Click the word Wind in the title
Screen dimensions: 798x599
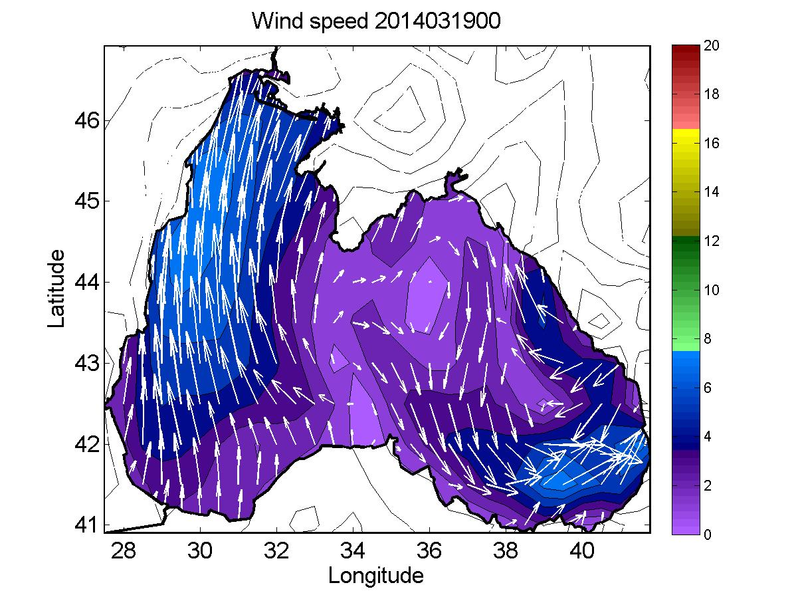point(277,21)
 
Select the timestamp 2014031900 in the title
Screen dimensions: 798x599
point(437,21)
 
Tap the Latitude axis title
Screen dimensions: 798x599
point(56,289)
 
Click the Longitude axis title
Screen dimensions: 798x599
point(376,575)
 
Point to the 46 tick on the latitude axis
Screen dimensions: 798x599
point(87,120)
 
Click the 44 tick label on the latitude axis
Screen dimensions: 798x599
point(87,282)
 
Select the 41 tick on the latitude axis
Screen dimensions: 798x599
point(87,525)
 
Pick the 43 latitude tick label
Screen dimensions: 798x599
point(87,363)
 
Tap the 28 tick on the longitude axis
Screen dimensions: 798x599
point(124,550)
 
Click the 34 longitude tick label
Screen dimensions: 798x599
point(353,550)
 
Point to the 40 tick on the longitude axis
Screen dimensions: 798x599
point(582,550)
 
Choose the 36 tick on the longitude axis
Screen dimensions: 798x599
point(429,550)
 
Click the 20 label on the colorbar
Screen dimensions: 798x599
point(712,45)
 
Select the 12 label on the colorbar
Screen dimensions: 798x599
point(712,241)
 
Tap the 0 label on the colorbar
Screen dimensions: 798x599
point(708,535)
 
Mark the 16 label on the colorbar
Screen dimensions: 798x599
point(712,143)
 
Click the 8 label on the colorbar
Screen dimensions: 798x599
point(708,338)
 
